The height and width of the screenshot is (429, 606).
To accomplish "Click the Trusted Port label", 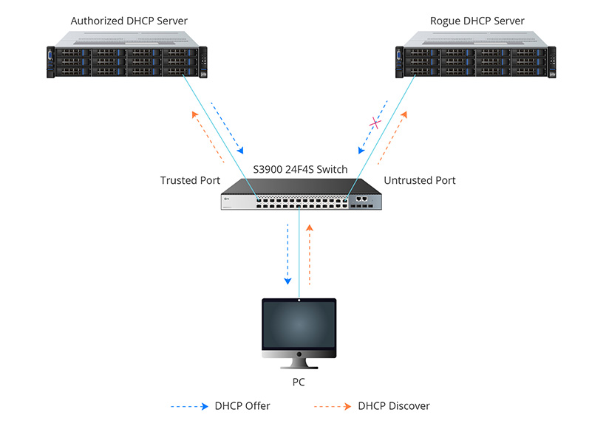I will (x=190, y=180).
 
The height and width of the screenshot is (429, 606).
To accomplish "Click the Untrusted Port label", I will (x=420, y=180).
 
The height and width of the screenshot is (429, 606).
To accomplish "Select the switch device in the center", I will (x=302, y=196).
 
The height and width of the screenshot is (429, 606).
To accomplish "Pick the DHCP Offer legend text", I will (x=242, y=406).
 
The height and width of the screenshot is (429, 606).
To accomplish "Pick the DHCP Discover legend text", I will (x=393, y=406).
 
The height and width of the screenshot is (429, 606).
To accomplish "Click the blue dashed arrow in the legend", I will (x=188, y=406).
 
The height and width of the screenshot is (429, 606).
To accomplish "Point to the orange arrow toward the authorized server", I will (x=207, y=137).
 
